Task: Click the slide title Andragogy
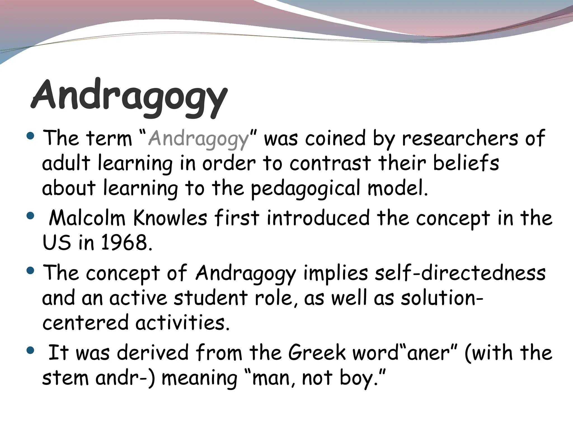click(129, 97)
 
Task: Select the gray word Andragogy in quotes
click(198, 139)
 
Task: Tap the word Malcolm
click(87, 218)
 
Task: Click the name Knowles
click(170, 218)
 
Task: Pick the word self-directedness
click(460, 273)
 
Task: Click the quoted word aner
click(428, 353)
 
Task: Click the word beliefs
click(466, 163)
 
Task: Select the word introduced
click(318, 218)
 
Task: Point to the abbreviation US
click(57, 242)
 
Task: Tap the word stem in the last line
click(65, 378)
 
